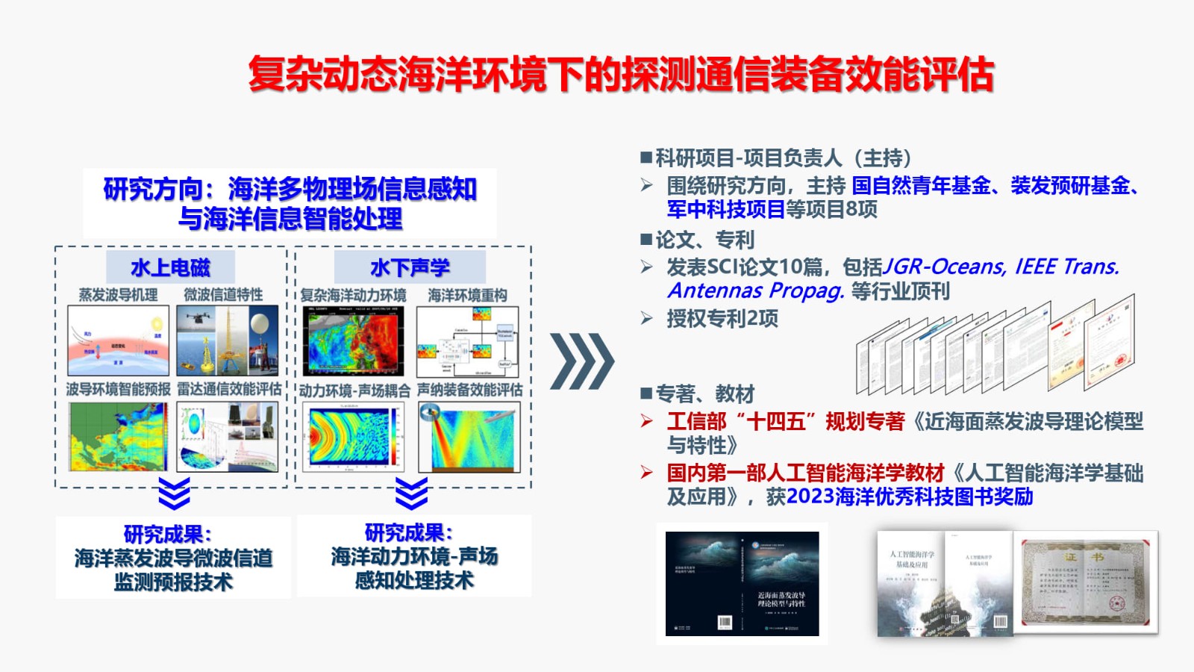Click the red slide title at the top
coord(621,74)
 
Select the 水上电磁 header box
coord(170,267)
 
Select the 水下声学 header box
coord(410,267)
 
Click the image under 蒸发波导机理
coord(118,340)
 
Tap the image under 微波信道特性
coord(227,340)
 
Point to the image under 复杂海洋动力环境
coord(354,340)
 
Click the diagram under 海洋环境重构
coord(468,341)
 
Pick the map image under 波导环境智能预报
coord(118,437)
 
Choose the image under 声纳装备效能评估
coord(468,437)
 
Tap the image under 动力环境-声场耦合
coord(354,437)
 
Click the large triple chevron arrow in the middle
coord(582,361)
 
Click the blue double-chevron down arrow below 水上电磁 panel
coord(174,494)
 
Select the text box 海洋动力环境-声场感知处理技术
coord(414,556)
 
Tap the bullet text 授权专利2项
coord(722,319)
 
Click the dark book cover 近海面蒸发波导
coord(742,583)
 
